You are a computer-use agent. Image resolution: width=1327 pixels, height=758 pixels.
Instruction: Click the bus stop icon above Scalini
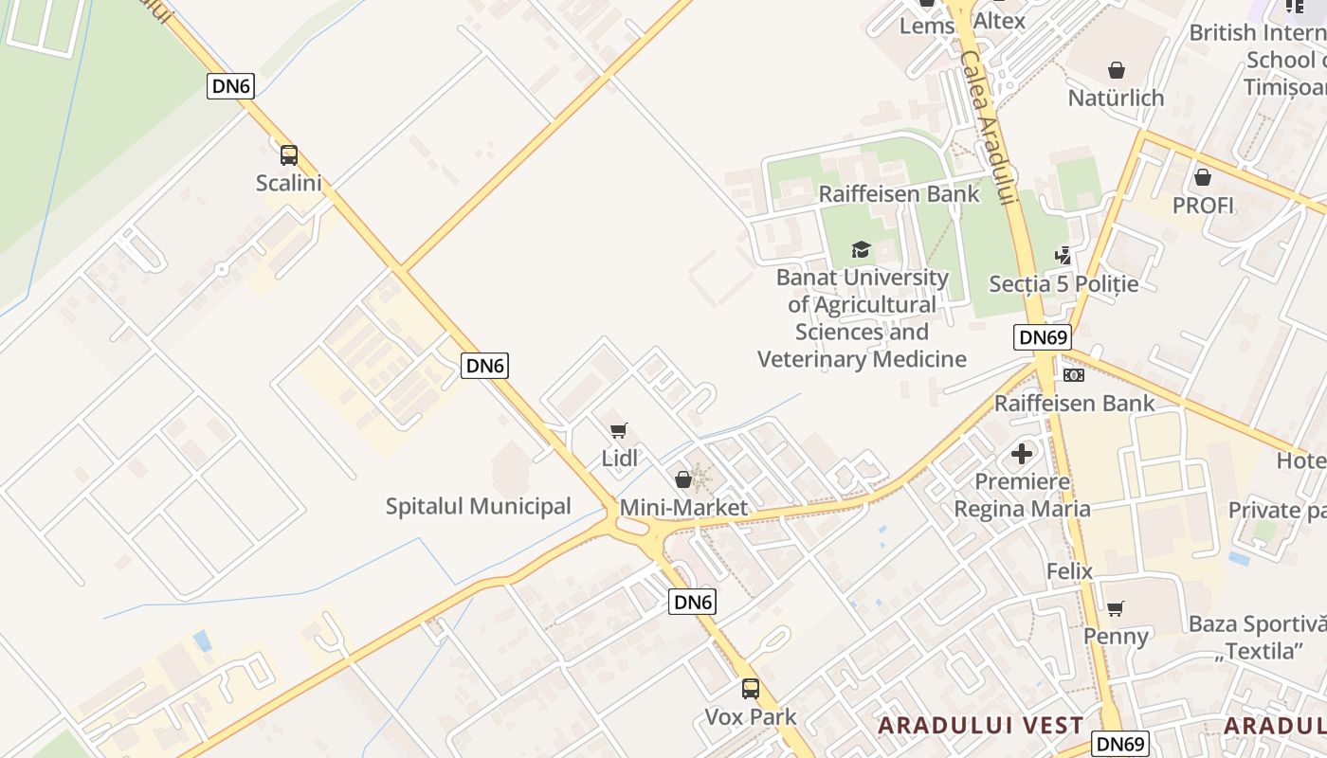(x=289, y=155)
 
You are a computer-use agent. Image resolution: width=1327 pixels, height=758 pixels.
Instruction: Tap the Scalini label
(x=289, y=183)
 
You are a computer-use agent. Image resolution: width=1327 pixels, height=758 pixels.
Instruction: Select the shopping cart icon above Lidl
(x=619, y=431)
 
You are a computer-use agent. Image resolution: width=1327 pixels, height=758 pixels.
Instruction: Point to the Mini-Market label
(x=683, y=508)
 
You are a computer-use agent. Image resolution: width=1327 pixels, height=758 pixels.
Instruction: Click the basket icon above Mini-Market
(x=683, y=479)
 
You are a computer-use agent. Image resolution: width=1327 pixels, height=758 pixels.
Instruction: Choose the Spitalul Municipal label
(x=478, y=506)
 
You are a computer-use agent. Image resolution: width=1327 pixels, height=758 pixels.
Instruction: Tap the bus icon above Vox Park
(x=751, y=689)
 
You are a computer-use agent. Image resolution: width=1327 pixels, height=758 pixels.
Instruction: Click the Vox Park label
(x=751, y=716)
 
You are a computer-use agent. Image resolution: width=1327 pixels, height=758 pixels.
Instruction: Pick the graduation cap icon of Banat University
(x=861, y=249)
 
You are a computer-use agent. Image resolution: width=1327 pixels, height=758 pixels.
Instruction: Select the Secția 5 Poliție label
(x=1063, y=283)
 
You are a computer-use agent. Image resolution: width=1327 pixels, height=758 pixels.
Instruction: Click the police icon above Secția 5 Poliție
(x=1063, y=256)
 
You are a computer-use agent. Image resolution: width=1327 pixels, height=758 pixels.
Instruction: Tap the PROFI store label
(x=1203, y=205)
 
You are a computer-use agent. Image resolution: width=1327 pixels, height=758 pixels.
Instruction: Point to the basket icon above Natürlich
(x=1117, y=70)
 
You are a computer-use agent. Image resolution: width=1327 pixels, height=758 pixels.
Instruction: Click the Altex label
(x=999, y=20)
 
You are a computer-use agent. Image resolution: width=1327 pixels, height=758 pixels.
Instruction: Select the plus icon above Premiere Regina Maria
(x=1022, y=454)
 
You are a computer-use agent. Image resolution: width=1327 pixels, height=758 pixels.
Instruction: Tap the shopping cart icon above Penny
(x=1116, y=608)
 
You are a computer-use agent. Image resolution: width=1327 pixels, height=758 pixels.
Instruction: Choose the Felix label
(x=1069, y=571)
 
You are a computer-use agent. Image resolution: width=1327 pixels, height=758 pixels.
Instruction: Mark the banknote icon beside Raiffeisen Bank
(x=1074, y=375)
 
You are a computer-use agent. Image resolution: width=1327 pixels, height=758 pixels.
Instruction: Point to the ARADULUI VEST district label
(x=980, y=726)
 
